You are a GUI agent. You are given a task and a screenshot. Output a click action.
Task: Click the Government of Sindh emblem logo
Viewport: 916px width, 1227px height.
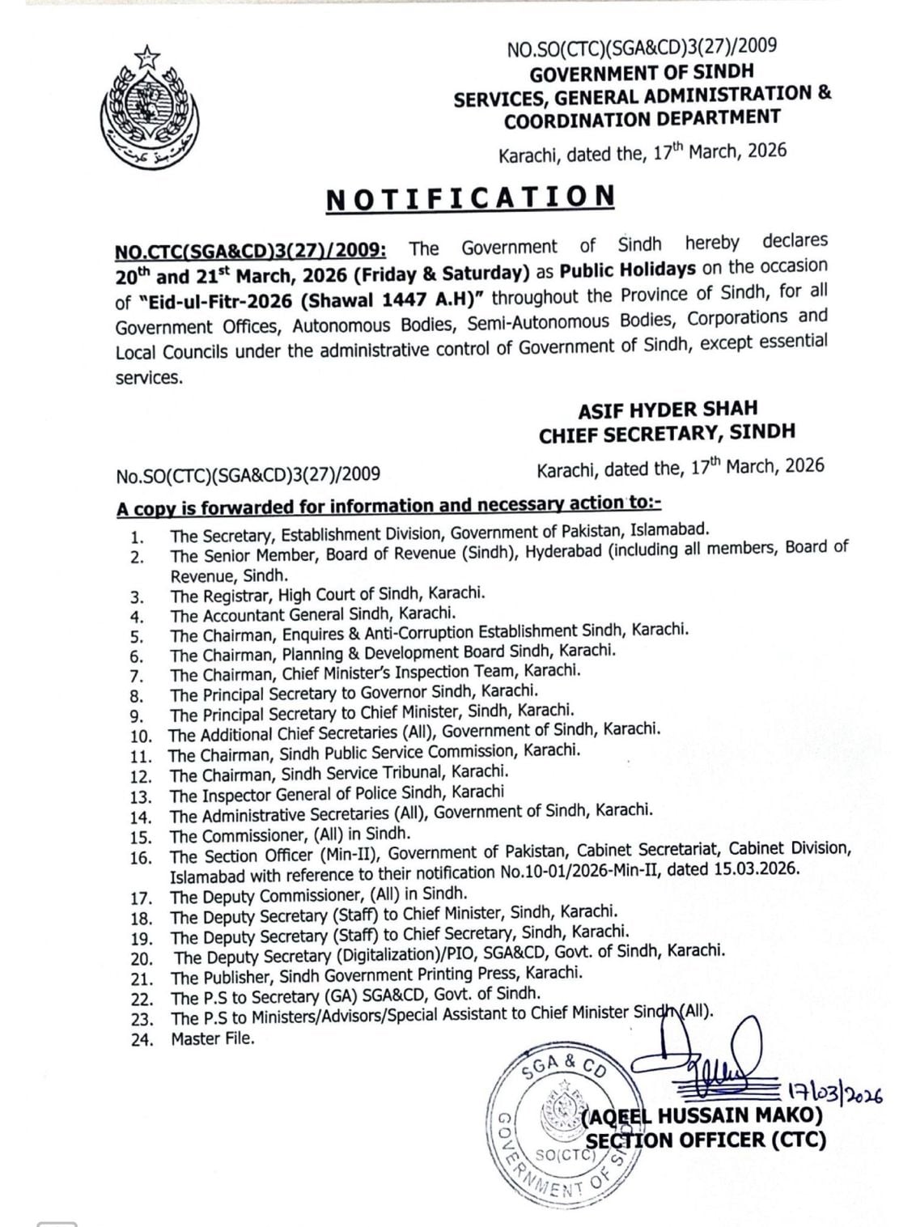click(x=148, y=103)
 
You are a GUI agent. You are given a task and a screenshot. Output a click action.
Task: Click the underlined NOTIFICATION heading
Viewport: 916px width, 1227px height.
click(x=470, y=197)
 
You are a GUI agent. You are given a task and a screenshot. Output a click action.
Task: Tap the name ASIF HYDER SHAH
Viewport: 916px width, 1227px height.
click(x=668, y=410)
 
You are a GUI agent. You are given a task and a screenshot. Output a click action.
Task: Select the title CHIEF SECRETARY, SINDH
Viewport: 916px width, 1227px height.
click(x=668, y=433)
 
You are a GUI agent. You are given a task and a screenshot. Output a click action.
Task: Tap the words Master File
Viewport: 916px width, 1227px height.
click(x=212, y=1038)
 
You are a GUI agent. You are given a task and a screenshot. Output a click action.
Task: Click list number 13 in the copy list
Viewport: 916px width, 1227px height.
click(x=141, y=796)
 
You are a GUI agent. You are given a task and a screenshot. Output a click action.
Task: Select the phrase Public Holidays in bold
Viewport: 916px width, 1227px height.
click(x=619, y=270)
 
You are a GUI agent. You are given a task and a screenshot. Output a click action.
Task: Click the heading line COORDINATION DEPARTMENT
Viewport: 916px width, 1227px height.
click(x=642, y=118)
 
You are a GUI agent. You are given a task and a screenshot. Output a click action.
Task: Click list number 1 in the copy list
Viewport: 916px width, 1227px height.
click(x=138, y=536)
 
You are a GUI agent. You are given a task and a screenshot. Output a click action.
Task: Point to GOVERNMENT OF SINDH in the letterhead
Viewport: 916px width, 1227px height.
click(x=642, y=73)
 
